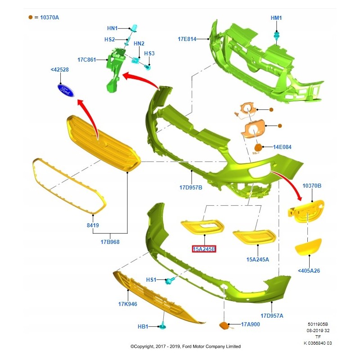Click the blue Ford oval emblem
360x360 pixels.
[x=66, y=90]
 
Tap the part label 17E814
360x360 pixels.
[x=187, y=39]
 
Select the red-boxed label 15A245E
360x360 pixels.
[x=204, y=249]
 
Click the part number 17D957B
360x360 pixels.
[x=191, y=188]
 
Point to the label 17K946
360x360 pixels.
[x=128, y=304]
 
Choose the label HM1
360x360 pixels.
[x=276, y=18]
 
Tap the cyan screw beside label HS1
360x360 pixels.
[x=170, y=281]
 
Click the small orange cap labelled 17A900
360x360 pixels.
[x=223, y=325]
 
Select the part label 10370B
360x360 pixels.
[x=312, y=185]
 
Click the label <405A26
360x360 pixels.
[x=309, y=270]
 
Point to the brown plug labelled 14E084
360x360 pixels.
[x=259, y=147]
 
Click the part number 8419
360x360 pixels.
[x=93, y=225]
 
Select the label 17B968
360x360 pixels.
[x=110, y=242]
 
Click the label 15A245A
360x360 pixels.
[x=258, y=259]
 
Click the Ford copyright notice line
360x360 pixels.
[x=185, y=346]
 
